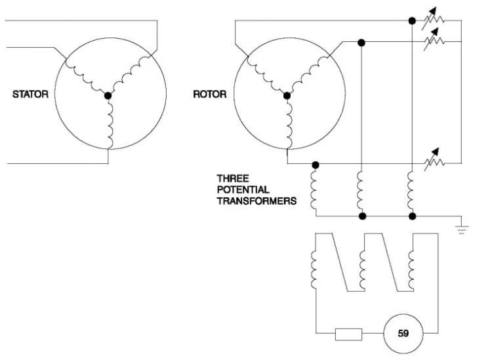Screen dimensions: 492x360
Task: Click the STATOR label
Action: (x=30, y=94)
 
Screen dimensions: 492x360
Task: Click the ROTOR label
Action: (x=210, y=94)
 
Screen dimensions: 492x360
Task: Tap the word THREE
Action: (x=233, y=178)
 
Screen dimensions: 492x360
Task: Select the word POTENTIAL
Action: (x=243, y=190)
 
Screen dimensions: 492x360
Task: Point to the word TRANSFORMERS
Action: (x=256, y=201)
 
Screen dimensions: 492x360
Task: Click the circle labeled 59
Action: (x=403, y=333)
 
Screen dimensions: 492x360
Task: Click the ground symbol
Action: (x=461, y=230)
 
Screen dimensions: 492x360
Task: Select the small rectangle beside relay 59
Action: (x=348, y=334)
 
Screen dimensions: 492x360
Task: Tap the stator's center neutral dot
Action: (x=108, y=95)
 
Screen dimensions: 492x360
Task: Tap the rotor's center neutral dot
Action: (x=287, y=95)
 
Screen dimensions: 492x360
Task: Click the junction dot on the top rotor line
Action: (x=413, y=21)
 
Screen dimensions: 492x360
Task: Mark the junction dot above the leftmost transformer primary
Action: (x=316, y=165)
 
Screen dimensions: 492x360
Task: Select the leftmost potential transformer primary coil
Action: (x=314, y=190)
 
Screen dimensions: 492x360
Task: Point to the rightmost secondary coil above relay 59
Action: (x=411, y=270)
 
